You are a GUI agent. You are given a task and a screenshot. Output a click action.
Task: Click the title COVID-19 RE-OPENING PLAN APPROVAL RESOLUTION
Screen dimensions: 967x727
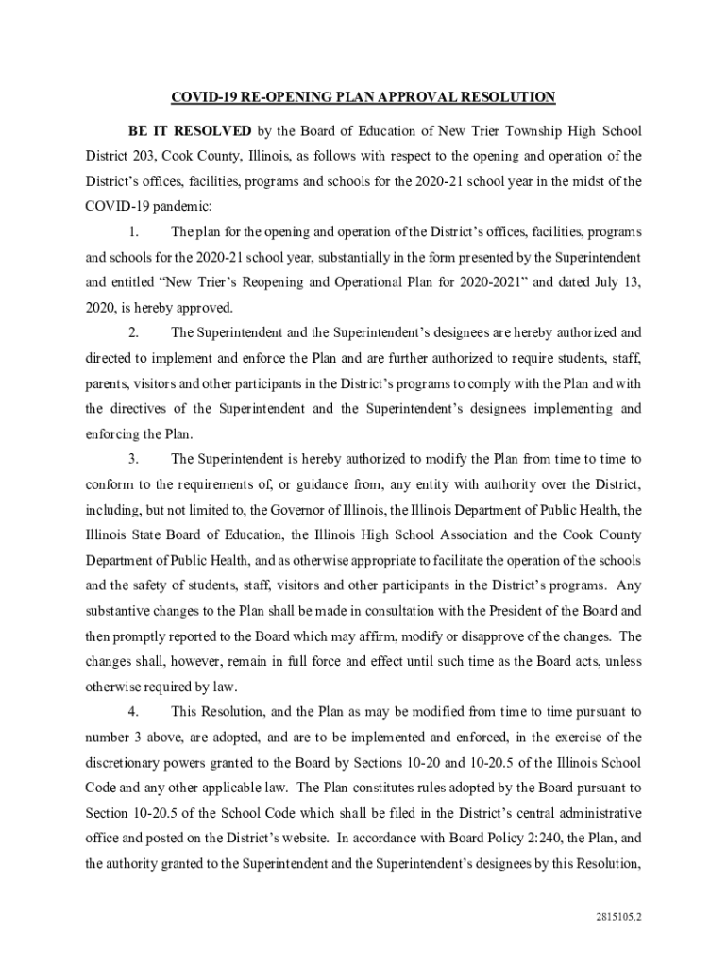363,97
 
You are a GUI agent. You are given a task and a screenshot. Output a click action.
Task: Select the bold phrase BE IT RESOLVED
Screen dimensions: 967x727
190,129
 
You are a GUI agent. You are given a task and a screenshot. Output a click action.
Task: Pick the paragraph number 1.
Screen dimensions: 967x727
133,231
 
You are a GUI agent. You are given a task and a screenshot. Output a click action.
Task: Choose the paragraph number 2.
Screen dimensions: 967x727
133,332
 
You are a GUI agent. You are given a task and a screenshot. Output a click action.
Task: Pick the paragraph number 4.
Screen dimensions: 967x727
133,712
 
